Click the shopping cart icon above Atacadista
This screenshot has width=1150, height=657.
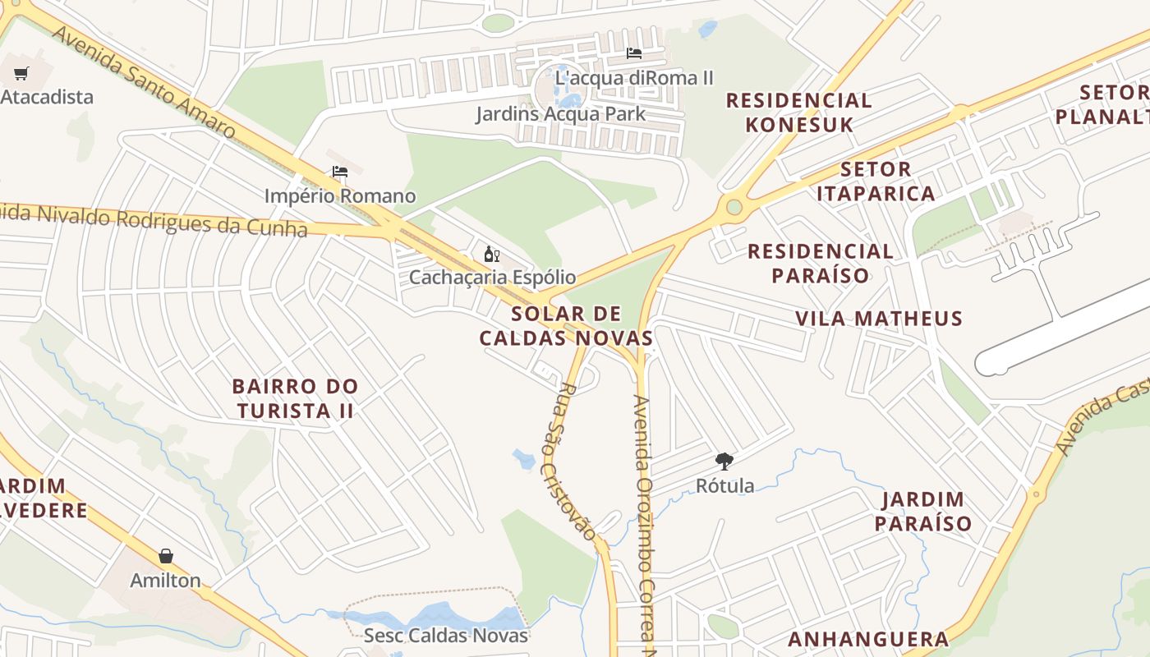click(x=21, y=74)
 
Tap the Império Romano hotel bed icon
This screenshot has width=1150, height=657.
click(x=340, y=172)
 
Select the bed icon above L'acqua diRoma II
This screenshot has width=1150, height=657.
click(x=634, y=53)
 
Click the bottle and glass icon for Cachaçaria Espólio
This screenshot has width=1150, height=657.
click(x=492, y=254)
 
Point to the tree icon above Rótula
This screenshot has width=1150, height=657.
click(x=724, y=462)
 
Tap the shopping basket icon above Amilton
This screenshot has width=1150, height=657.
click(x=166, y=557)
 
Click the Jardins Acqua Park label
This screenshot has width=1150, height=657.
click(x=560, y=113)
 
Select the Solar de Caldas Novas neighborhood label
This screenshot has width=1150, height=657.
click(x=566, y=325)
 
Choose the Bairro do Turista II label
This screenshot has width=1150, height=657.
click(x=295, y=397)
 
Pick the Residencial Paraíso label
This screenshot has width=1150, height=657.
click(x=820, y=263)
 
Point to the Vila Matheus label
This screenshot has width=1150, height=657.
click(x=878, y=318)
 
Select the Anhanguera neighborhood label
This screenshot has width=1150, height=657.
click(x=868, y=639)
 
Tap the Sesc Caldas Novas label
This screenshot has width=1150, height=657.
click(x=445, y=635)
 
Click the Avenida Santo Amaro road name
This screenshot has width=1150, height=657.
click(x=144, y=81)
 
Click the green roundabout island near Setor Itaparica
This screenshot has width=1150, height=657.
click(x=734, y=207)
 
